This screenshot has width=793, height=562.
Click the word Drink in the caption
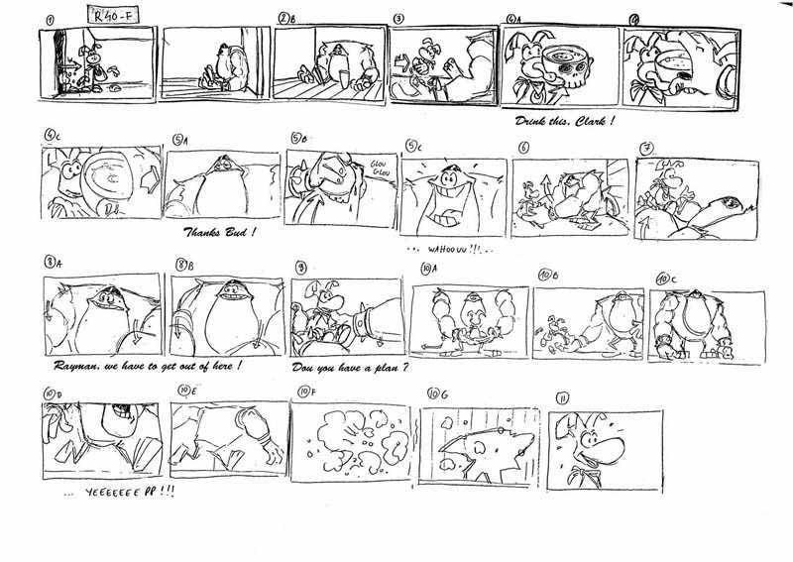pos(533,121)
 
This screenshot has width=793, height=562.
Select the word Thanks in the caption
pos(210,234)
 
